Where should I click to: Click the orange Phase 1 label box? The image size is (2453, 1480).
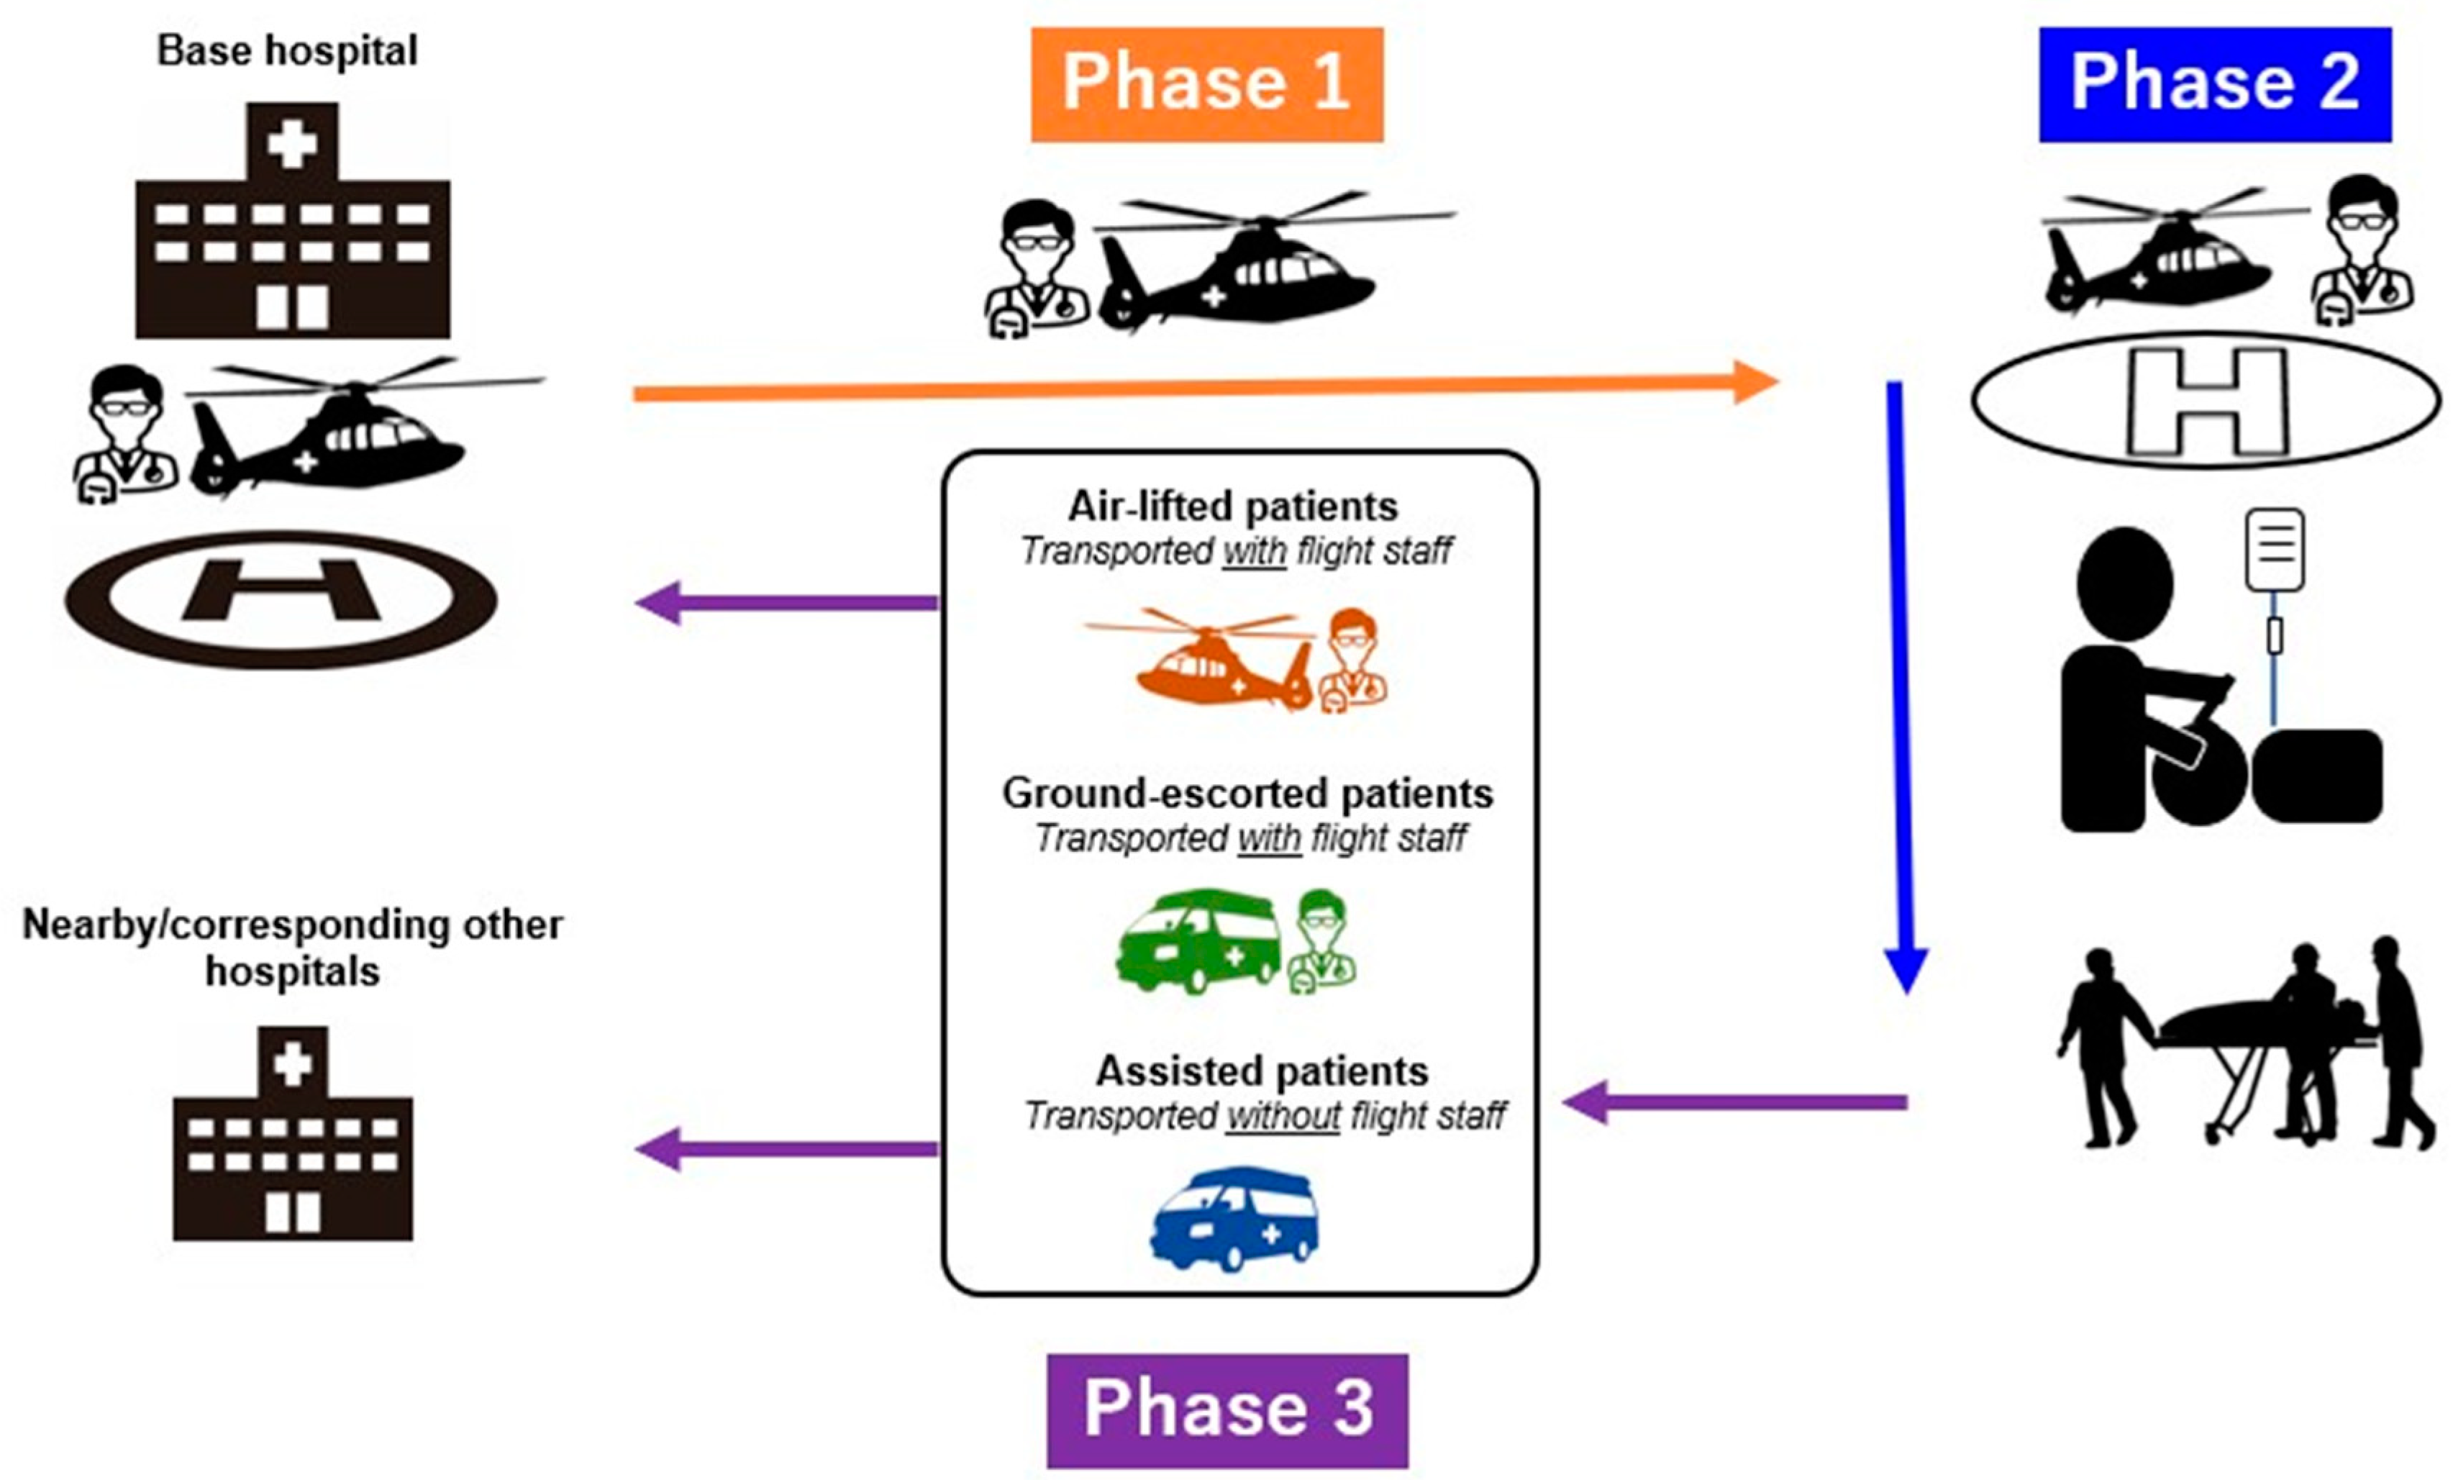(1206, 85)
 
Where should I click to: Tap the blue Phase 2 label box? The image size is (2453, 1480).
(2215, 85)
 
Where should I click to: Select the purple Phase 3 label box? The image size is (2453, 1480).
(1227, 1410)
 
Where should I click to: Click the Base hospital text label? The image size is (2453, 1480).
(287, 51)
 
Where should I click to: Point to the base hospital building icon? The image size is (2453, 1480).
(293, 220)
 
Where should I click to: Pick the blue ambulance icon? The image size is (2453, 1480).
(1234, 1218)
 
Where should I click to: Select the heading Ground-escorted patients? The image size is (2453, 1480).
(1247, 793)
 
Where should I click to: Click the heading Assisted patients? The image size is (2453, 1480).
(1262, 1071)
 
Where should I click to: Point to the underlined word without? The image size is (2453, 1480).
(1283, 1117)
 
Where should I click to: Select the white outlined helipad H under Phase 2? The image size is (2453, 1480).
(2206, 400)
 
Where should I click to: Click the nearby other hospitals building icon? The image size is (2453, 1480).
(293, 1133)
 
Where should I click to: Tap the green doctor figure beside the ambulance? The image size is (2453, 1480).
(1321, 941)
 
